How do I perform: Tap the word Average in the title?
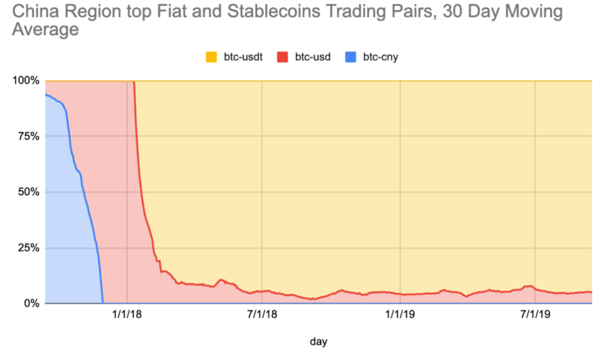[x=45, y=29]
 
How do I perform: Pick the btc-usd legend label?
[x=313, y=58]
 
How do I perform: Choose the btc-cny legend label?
[x=381, y=58]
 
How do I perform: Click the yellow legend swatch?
[x=211, y=58]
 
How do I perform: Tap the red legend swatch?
[x=284, y=58]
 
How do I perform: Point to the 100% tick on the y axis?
[x=26, y=81]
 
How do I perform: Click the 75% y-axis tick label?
[x=28, y=137]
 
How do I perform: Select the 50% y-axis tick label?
[x=28, y=192]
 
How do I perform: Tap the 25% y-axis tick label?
[x=28, y=248]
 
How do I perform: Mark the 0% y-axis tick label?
[x=31, y=304]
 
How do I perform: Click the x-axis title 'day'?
[x=319, y=342]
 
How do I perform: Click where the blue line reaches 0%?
[x=102, y=302]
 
